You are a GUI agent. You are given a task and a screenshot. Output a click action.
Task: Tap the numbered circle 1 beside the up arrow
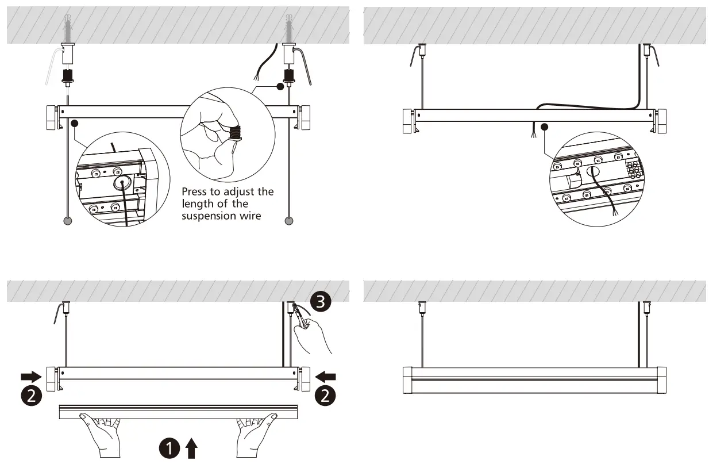[170, 448]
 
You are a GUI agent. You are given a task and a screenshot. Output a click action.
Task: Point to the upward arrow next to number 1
[191, 448]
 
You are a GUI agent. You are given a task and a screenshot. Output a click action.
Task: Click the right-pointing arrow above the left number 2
[30, 377]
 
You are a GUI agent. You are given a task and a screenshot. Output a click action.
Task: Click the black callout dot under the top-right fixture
[545, 126]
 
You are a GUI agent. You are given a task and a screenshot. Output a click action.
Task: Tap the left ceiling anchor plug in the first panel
[68, 29]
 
